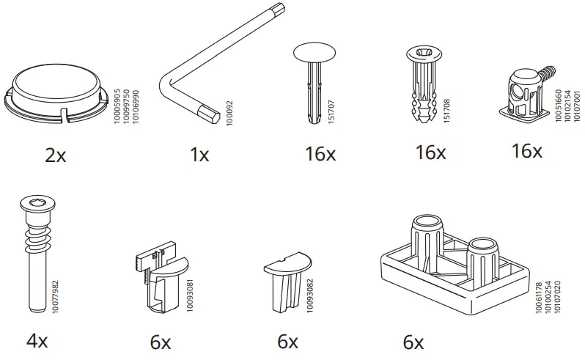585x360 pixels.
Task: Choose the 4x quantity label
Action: point(36,341)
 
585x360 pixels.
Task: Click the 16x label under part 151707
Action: point(320,155)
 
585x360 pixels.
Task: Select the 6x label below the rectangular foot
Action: point(413,342)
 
